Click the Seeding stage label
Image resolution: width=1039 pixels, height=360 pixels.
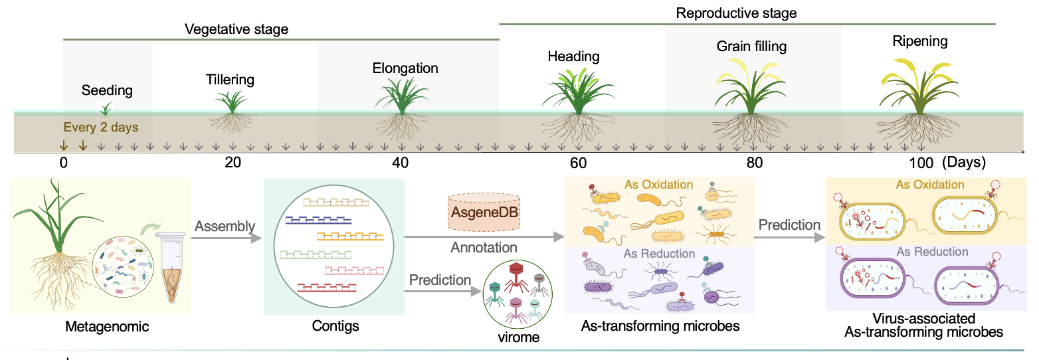(x=107, y=90)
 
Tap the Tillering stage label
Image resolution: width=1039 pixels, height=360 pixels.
(x=230, y=80)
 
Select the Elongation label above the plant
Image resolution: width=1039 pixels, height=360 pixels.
(x=405, y=68)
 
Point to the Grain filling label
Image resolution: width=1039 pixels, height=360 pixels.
(x=751, y=46)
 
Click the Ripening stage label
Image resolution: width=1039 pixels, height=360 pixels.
(x=920, y=41)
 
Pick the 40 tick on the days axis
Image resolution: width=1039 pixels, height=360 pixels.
(x=400, y=163)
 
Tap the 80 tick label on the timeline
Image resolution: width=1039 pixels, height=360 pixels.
(x=754, y=163)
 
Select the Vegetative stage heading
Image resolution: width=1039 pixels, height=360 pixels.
(x=236, y=29)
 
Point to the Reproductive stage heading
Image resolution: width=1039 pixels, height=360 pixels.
(x=736, y=13)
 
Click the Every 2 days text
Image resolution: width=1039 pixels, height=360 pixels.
(x=100, y=127)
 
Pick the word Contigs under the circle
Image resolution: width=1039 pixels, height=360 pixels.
(x=335, y=326)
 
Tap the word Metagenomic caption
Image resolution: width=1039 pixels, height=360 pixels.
(x=107, y=327)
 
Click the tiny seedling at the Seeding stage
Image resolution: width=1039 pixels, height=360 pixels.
(x=105, y=109)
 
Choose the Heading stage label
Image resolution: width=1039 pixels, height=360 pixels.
(x=573, y=56)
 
